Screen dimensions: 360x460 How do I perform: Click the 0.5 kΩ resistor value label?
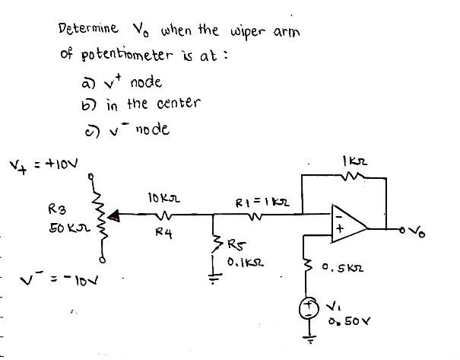[341, 268]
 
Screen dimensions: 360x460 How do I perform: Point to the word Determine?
[87, 30]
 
